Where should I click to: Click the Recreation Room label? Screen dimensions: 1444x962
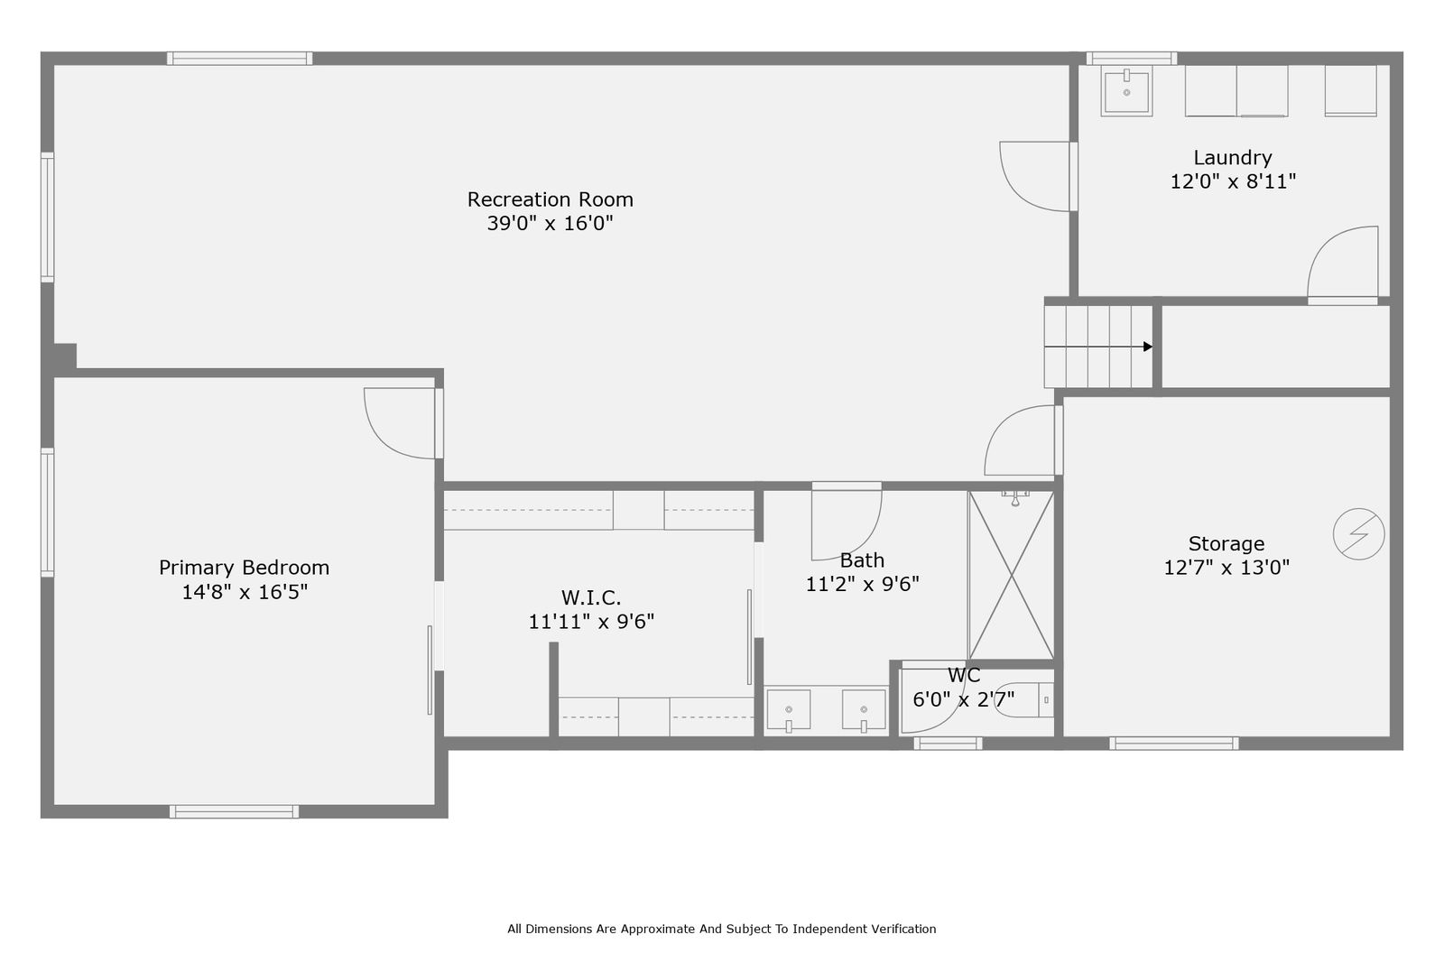pos(550,199)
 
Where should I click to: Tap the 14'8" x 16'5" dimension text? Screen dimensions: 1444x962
pos(245,592)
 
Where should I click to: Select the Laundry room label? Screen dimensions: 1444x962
pos(1233,158)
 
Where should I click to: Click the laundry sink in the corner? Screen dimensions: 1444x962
pos(1126,91)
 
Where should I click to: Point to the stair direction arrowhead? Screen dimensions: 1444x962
pos(1148,347)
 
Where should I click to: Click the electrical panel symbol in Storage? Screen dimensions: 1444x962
pos(1358,534)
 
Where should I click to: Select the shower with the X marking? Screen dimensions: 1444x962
pos(1011,575)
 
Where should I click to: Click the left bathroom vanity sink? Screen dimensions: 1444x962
pos(789,710)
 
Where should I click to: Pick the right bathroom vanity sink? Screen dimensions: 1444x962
pos(863,710)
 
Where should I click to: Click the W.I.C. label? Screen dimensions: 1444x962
pos(590,598)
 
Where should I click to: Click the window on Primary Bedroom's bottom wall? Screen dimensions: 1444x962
pos(234,811)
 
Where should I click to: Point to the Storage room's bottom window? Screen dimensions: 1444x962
pos(1174,744)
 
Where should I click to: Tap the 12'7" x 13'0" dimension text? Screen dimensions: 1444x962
pos(1226,568)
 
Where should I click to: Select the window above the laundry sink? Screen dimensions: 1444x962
pos(1132,59)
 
